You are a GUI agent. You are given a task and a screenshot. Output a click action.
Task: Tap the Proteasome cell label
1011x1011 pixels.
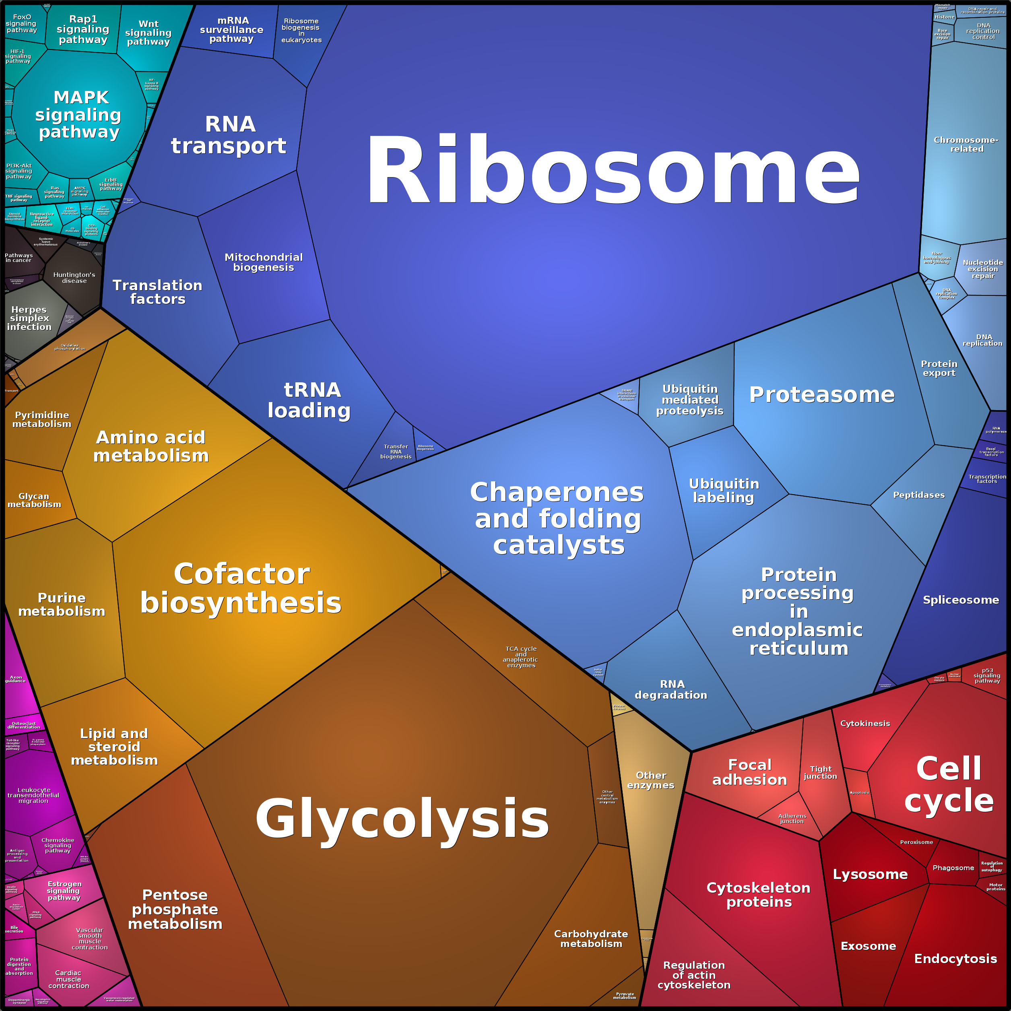[x=821, y=394]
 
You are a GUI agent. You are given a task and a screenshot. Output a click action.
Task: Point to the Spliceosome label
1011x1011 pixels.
[x=961, y=600]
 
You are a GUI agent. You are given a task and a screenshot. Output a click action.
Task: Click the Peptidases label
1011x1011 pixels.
[x=919, y=495]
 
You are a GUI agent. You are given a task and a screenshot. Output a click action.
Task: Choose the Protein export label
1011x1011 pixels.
[x=939, y=368]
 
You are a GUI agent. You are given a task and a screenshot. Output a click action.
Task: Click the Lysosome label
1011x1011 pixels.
[x=870, y=875]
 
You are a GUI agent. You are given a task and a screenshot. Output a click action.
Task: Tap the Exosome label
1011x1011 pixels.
[x=868, y=946]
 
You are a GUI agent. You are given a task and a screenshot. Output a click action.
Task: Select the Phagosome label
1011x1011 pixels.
[x=953, y=868]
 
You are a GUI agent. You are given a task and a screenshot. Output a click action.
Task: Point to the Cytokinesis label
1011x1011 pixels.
[x=865, y=723]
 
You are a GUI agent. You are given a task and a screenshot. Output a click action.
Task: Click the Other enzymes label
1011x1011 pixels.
[x=651, y=780]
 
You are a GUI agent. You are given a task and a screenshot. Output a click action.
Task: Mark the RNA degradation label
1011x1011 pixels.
[x=671, y=690]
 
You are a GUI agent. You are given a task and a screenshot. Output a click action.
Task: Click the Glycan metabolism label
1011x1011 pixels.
[x=34, y=500]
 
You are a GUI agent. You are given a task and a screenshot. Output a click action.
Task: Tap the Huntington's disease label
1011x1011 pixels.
[x=74, y=277]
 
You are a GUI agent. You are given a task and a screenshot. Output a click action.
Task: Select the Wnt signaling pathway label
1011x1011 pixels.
[x=148, y=33]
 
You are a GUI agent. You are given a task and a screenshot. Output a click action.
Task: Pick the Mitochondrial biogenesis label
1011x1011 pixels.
[x=264, y=262]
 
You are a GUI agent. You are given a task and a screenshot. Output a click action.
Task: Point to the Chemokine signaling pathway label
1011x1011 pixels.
[x=58, y=845]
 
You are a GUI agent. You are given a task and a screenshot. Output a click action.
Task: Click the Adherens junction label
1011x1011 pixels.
[x=792, y=819]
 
